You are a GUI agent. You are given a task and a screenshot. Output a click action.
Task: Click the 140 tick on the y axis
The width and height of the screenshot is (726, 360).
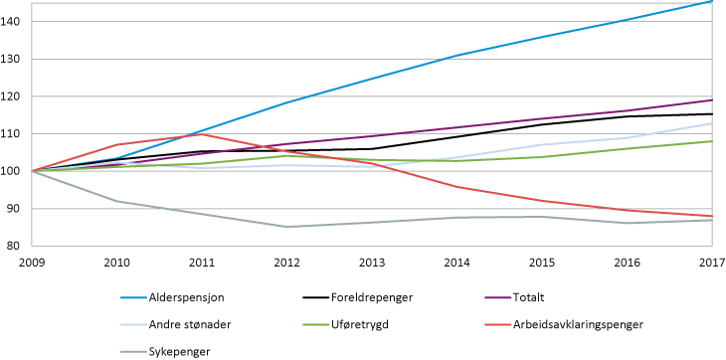coord(18,21)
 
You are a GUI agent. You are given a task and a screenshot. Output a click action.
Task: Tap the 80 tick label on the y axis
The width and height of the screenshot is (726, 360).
coord(21,246)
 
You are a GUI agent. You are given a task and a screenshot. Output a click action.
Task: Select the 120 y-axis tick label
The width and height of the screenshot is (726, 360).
coord(18,96)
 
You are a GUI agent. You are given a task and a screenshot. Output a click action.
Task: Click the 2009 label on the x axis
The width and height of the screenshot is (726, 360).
coord(34,261)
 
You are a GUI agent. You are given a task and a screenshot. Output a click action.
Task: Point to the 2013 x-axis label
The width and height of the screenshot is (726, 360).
coord(373,261)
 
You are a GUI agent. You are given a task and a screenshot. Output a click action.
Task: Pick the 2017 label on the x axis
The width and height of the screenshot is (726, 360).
coord(710,261)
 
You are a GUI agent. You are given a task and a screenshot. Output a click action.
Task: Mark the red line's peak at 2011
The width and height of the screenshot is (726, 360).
coord(203,134)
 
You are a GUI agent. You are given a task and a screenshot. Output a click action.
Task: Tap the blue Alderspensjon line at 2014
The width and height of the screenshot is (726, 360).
coord(457,56)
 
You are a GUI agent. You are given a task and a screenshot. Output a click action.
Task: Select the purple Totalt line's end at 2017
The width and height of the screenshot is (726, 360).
coord(712,99)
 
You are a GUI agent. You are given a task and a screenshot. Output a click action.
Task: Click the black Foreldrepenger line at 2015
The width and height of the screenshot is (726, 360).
coord(542,124)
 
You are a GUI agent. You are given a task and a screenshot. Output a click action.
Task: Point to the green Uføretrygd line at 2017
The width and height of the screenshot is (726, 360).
coord(712,141)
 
